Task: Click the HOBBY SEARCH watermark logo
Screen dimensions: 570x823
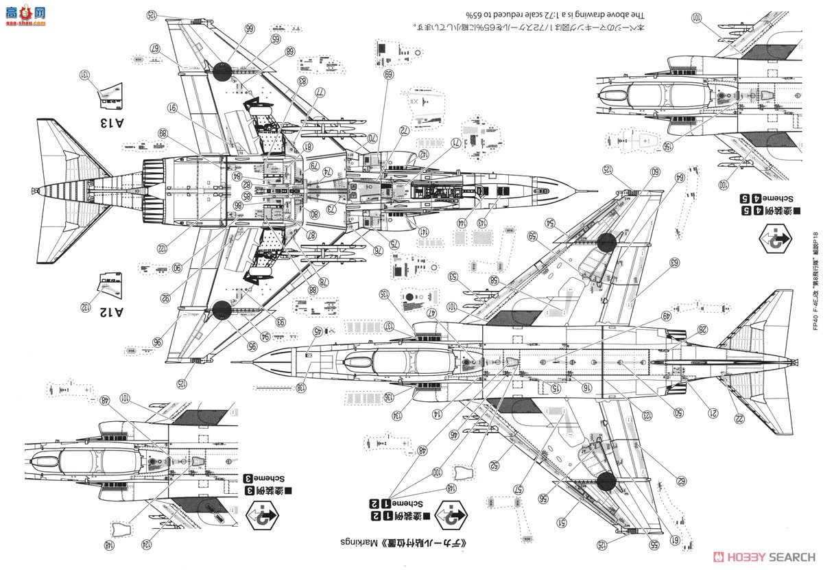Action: [x=763, y=556]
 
